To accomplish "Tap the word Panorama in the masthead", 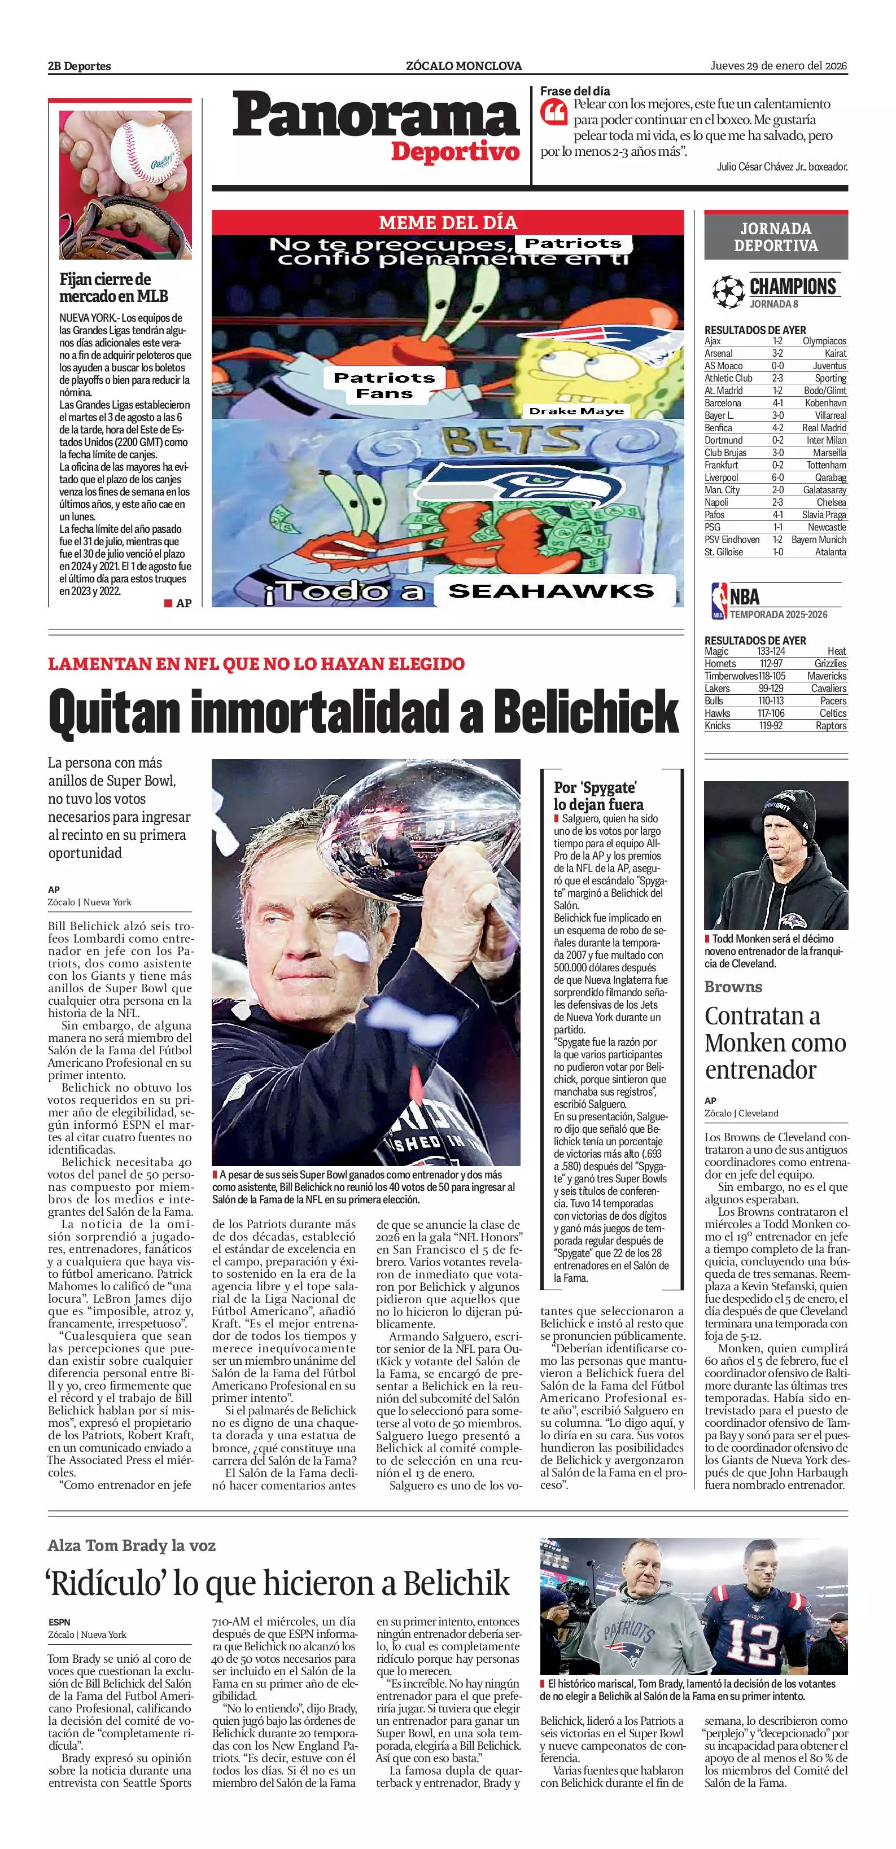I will (x=375, y=116).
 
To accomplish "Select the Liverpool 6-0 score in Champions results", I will (x=777, y=477).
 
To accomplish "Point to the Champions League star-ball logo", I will (x=727, y=292).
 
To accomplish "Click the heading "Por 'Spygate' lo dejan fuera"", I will (x=597, y=795).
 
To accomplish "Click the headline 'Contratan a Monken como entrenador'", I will (x=775, y=1042).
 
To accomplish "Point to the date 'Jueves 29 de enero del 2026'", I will (x=778, y=65).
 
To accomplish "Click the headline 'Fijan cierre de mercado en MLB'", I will (x=113, y=287).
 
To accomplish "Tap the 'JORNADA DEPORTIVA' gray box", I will (x=775, y=237).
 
